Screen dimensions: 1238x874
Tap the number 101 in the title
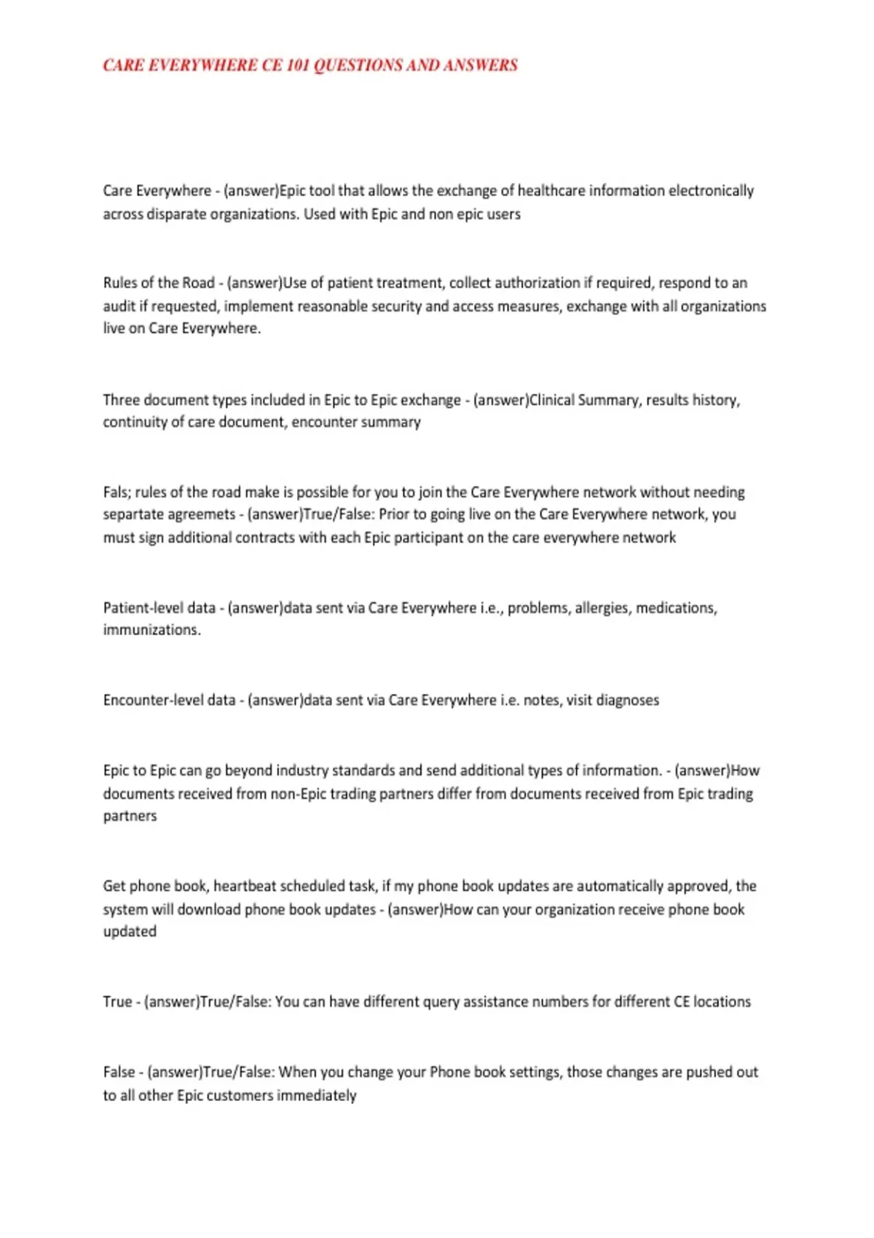tap(298, 66)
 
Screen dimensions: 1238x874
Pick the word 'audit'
tap(119, 306)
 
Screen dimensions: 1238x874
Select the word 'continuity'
tap(133, 422)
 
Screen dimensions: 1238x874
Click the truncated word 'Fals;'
tap(117, 492)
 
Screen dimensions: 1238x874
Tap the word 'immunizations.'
tap(151, 630)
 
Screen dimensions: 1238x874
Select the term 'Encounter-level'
tap(169, 701)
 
